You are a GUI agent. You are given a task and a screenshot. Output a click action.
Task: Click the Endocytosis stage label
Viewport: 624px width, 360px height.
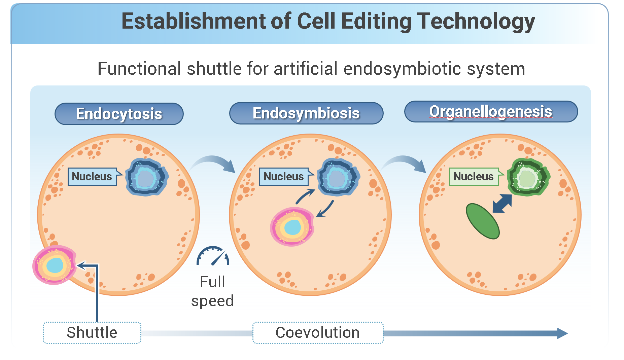point(119,114)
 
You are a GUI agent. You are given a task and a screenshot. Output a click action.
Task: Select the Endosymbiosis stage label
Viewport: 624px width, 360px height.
point(306,113)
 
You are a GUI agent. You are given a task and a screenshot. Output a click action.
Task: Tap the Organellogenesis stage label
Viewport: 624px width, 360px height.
point(491,111)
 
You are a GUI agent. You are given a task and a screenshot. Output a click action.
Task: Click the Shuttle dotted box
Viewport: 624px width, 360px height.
point(92,332)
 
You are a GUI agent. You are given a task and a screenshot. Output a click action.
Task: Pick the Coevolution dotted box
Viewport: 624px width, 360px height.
point(318,332)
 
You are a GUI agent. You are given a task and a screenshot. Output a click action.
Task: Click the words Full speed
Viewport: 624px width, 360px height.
point(212,291)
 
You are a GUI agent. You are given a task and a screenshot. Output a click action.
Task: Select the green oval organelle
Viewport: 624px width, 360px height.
point(482,221)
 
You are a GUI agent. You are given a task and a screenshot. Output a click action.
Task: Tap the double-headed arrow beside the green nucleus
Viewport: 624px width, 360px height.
point(502,204)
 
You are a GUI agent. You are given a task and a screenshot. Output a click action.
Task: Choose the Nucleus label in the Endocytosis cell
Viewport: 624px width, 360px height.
point(92,176)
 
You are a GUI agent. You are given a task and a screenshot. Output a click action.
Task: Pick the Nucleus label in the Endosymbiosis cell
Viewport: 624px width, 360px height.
point(284,176)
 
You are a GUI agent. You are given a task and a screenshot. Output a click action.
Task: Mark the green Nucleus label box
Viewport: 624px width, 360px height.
point(474,176)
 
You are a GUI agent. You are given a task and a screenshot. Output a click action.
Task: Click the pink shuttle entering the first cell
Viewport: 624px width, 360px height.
point(54,265)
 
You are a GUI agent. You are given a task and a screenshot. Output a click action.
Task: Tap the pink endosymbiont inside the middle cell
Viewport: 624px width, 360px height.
point(292,227)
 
